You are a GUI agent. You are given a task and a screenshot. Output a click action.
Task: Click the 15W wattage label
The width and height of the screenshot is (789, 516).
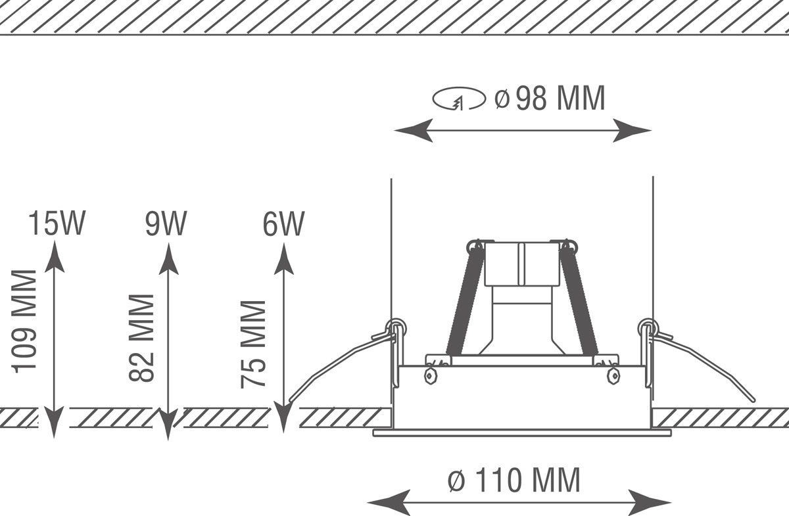point(57,223)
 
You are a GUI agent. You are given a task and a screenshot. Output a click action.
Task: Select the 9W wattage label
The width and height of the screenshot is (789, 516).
point(166,223)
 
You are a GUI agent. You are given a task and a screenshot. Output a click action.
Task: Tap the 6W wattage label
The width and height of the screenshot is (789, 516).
point(283,223)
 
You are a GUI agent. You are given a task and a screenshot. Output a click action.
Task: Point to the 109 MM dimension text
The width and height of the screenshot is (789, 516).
point(24,321)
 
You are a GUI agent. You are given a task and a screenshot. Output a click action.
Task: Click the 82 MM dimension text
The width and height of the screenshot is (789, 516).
point(141,338)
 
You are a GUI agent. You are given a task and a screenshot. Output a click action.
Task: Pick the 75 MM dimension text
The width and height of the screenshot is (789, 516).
point(253,344)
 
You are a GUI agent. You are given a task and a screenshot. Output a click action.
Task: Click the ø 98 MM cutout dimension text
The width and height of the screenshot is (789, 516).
point(550,97)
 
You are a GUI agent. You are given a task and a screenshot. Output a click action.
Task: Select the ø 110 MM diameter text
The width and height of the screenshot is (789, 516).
point(514,480)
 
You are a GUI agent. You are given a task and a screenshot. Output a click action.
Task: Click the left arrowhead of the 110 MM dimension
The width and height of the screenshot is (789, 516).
point(389,502)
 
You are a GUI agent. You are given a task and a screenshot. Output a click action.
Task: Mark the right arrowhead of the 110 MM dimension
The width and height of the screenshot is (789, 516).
point(650,502)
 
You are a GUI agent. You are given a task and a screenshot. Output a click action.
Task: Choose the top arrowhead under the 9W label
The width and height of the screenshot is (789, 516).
point(168,258)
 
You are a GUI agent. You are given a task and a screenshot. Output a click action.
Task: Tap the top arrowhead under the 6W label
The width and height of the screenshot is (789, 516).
point(283,258)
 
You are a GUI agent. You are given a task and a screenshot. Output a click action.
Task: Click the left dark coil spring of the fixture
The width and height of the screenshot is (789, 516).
point(465,298)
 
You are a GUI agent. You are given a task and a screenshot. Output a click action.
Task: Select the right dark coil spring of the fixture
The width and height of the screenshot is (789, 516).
point(579,298)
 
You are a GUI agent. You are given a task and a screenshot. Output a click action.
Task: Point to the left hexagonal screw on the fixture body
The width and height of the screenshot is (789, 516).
point(431,376)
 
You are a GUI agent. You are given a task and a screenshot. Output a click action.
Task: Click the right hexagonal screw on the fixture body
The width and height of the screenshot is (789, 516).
point(613,376)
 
